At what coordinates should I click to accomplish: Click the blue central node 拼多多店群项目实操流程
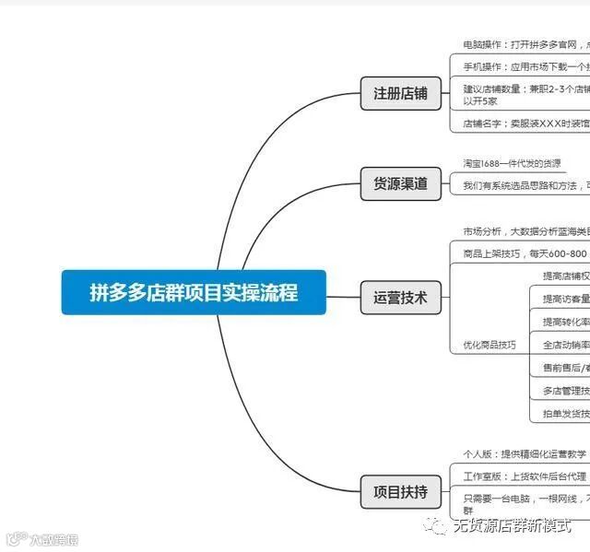point(194,292)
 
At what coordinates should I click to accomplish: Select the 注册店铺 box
point(400,93)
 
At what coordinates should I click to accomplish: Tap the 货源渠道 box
point(400,183)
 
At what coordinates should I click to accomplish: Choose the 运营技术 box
point(400,297)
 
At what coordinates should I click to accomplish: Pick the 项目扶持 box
point(400,491)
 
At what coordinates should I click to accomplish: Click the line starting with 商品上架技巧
point(525,253)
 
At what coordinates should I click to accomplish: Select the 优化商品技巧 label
point(490,345)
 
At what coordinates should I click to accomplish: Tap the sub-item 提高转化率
point(565,322)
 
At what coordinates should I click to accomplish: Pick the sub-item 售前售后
point(565,368)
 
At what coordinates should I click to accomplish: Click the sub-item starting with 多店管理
point(565,391)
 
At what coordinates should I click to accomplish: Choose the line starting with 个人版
point(525,454)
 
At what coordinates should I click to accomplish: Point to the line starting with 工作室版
point(525,476)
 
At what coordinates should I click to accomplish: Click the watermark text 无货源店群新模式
point(512,526)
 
